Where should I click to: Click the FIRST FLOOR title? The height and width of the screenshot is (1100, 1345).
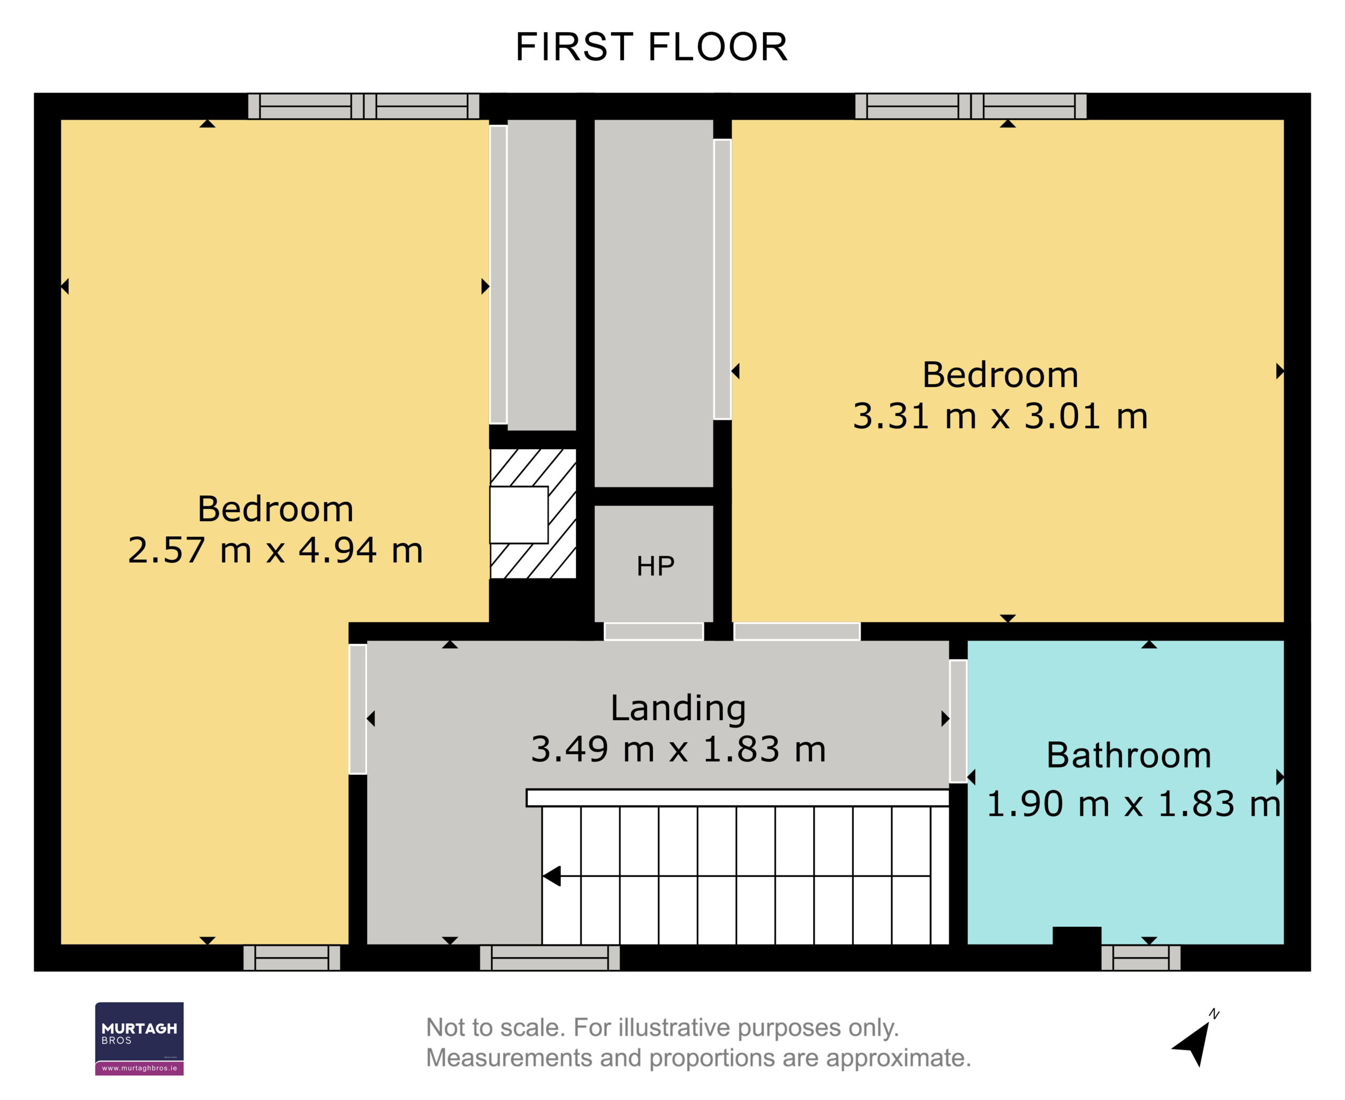point(651,47)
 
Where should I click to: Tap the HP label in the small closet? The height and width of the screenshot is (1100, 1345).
point(655,566)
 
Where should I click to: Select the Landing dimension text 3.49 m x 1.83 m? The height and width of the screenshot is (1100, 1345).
point(678,749)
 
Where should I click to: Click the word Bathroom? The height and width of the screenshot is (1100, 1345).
point(1128,755)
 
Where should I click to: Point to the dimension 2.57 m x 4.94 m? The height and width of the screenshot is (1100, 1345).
point(275,550)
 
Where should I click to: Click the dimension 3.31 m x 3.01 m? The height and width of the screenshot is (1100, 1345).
point(1000,416)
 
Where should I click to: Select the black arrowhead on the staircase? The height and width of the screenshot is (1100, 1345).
point(552,876)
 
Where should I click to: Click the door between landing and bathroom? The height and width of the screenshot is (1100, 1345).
point(958,721)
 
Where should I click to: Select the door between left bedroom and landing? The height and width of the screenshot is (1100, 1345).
point(357,709)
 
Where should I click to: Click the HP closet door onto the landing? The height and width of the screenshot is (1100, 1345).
point(654,631)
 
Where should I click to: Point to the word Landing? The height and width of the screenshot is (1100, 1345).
point(678,709)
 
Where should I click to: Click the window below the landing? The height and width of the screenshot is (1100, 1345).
point(550,958)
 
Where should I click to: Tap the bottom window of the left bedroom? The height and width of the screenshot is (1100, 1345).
point(292,958)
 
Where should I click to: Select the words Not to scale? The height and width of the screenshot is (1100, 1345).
point(494,1028)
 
